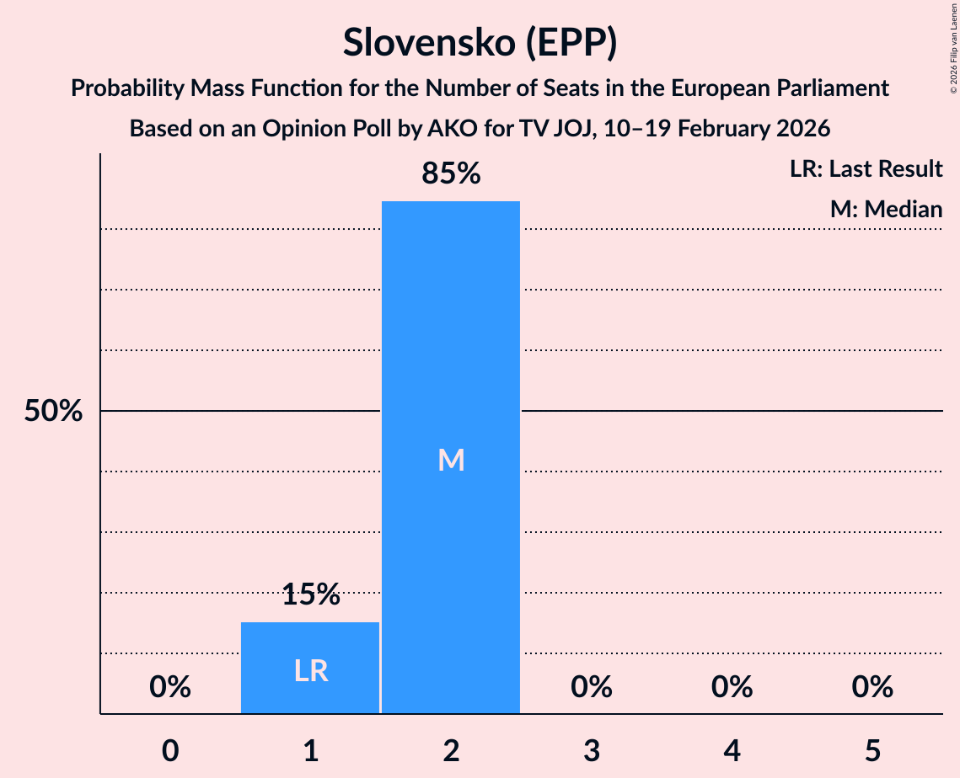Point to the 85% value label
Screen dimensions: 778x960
451,174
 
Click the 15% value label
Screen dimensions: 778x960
310,595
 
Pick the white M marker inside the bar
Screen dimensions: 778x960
451,460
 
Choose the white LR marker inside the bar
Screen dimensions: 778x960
310,670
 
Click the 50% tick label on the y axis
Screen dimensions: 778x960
53,412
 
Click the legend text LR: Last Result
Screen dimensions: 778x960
866,169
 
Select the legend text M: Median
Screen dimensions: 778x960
886,209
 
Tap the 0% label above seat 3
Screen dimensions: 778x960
592,688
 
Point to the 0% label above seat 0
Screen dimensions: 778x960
170,688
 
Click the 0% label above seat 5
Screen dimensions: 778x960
872,688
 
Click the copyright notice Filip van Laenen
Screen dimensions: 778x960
953,51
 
